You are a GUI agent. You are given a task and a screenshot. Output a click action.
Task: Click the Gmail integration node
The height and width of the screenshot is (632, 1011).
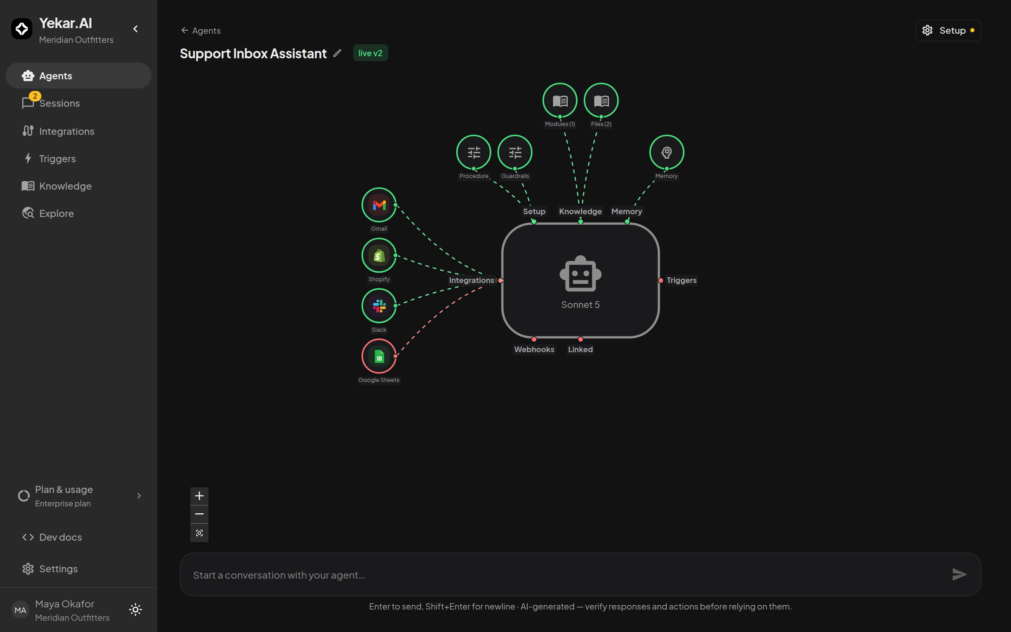pos(379,205)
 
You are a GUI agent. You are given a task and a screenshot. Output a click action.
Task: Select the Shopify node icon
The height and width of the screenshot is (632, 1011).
pos(379,255)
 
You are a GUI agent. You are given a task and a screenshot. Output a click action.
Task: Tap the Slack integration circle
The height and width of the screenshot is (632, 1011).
pos(379,306)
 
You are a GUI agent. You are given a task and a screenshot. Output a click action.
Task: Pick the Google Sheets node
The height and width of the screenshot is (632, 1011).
pos(379,356)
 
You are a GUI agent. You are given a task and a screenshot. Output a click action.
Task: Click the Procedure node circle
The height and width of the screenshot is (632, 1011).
pos(474,152)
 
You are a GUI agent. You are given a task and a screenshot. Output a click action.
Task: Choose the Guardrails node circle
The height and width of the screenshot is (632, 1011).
pos(515,152)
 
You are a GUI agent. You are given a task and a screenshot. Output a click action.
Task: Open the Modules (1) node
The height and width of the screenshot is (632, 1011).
pos(560,100)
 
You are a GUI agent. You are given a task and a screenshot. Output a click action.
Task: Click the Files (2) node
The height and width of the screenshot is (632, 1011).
pos(601,100)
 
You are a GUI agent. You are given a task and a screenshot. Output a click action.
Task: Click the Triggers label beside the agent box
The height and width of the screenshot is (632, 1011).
pos(681,280)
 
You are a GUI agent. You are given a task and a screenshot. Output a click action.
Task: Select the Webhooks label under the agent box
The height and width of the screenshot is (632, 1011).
pos(534,349)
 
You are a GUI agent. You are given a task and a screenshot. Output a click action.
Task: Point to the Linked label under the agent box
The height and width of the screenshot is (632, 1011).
pos(580,349)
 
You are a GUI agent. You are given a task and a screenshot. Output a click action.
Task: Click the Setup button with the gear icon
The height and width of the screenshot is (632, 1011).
pos(948,31)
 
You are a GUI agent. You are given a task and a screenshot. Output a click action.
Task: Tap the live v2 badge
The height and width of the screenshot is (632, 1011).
pos(370,53)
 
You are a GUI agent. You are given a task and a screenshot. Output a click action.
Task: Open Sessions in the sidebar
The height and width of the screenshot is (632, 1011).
pos(59,103)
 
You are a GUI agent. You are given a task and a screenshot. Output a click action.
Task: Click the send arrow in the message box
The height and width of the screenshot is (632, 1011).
pos(959,574)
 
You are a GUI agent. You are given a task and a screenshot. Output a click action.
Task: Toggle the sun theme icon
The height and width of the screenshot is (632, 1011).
pos(136,610)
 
